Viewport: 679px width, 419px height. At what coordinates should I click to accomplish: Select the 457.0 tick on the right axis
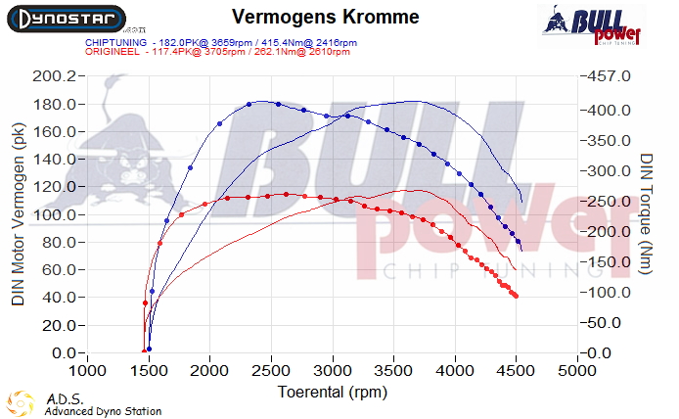tap(606, 76)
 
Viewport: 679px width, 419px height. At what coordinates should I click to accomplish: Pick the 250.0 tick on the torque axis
tap(606, 202)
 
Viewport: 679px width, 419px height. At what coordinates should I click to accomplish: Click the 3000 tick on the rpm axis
tap(333, 371)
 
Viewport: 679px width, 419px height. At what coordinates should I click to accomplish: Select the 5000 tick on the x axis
tap(577, 371)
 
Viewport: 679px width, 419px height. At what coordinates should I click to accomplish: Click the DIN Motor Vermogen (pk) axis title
tap(18, 215)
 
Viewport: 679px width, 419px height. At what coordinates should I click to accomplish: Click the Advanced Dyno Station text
tap(103, 412)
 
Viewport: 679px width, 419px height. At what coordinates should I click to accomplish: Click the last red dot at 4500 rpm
tap(516, 296)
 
